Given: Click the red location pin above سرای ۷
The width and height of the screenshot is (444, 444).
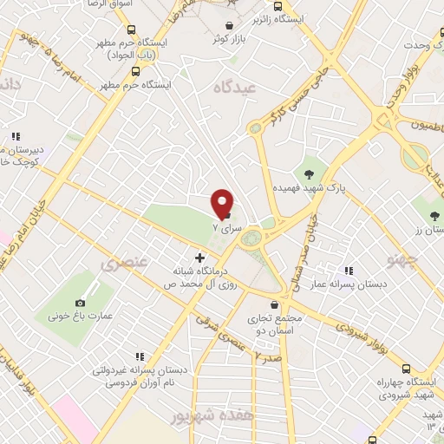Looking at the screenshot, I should [x=223, y=202].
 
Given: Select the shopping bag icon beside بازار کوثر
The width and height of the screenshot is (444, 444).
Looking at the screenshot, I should [x=229, y=26].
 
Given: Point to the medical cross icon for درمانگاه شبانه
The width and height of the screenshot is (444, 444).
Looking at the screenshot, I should [x=200, y=257].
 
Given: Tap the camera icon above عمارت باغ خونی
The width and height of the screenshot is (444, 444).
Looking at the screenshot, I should [x=81, y=303].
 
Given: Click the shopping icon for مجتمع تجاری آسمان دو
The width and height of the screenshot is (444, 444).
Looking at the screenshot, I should [x=275, y=304].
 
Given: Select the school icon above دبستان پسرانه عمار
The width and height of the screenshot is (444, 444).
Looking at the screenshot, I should [x=349, y=271].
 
